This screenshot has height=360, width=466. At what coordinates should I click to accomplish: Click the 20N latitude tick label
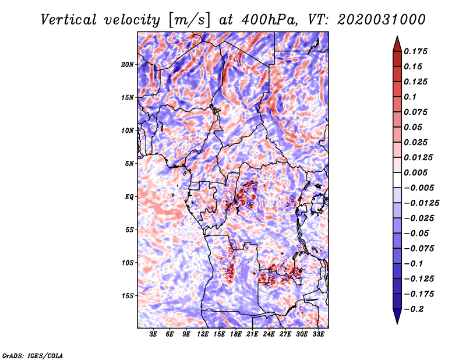pyautogui.click(x=128, y=64)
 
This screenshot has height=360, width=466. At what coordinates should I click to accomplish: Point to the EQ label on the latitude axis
pyautogui.click(x=129, y=197)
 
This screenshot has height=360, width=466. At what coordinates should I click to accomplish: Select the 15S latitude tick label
pyautogui.click(x=128, y=296)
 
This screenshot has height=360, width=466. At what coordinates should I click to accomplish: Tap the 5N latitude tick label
pyautogui.click(x=129, y=164)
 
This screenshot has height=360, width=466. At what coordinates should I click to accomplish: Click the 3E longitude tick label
pyautogui.click(x=154, y=334)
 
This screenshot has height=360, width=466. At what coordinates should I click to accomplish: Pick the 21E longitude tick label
pyautogui.click(x=252, y=334)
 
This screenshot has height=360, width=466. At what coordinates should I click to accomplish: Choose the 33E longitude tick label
pyautogui.click(x=318, y=334)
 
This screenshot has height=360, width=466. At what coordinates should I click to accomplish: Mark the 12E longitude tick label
pyautogui.click(x=203, y=334)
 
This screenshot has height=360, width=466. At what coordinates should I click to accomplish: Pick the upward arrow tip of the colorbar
pyautogui.click(x=397, y=38)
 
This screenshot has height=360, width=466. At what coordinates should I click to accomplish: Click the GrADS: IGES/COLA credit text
pyautogui.click(x=33, y=355)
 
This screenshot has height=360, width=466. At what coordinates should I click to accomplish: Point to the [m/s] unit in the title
pyautogui.click(x=185, y=20)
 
